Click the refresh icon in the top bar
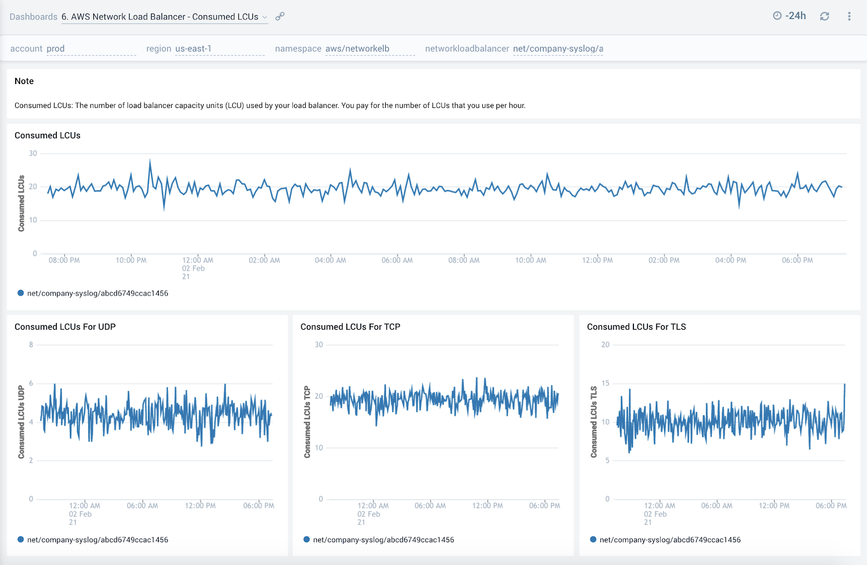click(x=824, y=16)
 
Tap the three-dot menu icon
click(x=849, y=16)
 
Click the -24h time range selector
click(x=790, y=16)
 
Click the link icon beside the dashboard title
click(x=280, y=16)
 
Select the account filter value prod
click(x=55, y=49)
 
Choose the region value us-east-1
click(x=193, y=49)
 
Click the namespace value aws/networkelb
click(x=357, y=49)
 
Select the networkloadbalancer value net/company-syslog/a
click(x=558, y=49)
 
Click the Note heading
click(x=24, y=81)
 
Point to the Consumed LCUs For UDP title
click(x=65, y=326)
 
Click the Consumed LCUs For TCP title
click(x=350, y=326)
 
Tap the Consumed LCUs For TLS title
click(x=636, y=326)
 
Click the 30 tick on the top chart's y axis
click(x=33, y=153)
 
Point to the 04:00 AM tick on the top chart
click(x=330, y=260)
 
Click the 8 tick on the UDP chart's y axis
click(x=31, y=344)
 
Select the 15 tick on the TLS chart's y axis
click(x=605, y=383)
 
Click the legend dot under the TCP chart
click(x=307, y=540)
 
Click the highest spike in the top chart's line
click(x=150, y=160)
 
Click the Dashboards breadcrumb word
click(x=33, y=17)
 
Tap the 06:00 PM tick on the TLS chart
click(x=831, y=505)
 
